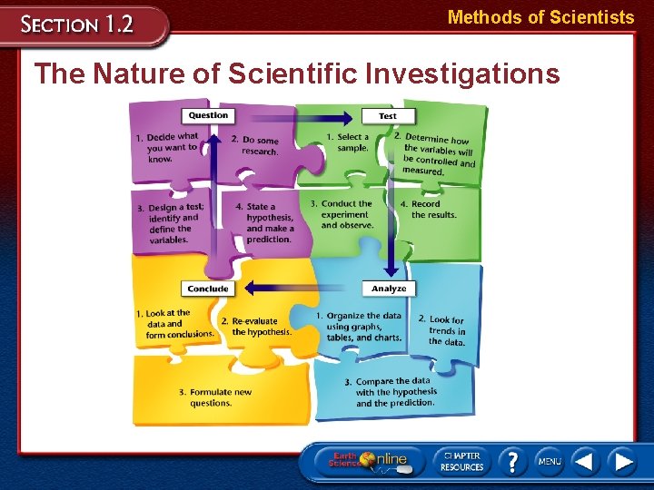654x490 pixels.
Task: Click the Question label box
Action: pyautogui.click(x=208, y=115)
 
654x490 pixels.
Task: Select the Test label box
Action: pyautogui.click(x=387, y=116)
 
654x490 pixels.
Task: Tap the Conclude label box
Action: pyautogui.click(x=208, y=289)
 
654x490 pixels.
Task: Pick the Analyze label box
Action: pyautogui.click(x=389, y=289)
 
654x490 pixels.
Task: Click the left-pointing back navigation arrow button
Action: pyautogui.click(x=585, y=461)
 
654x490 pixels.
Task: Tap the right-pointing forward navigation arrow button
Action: pyautogui.click(x=622, y=461)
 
